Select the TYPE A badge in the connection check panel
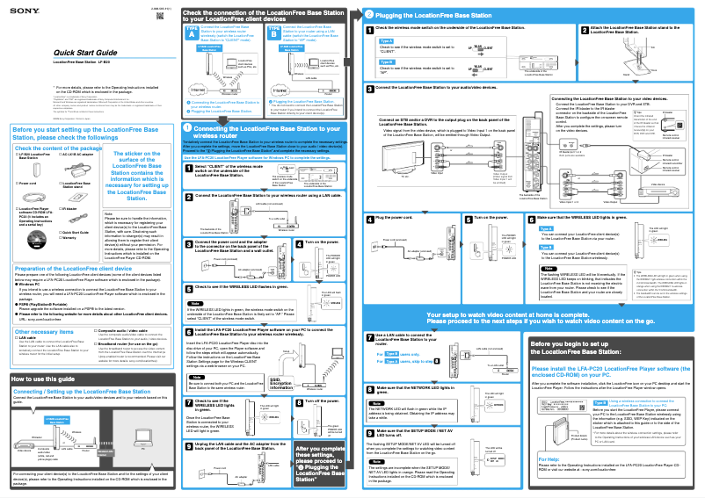pyautogui.click(x=193, y=31)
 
